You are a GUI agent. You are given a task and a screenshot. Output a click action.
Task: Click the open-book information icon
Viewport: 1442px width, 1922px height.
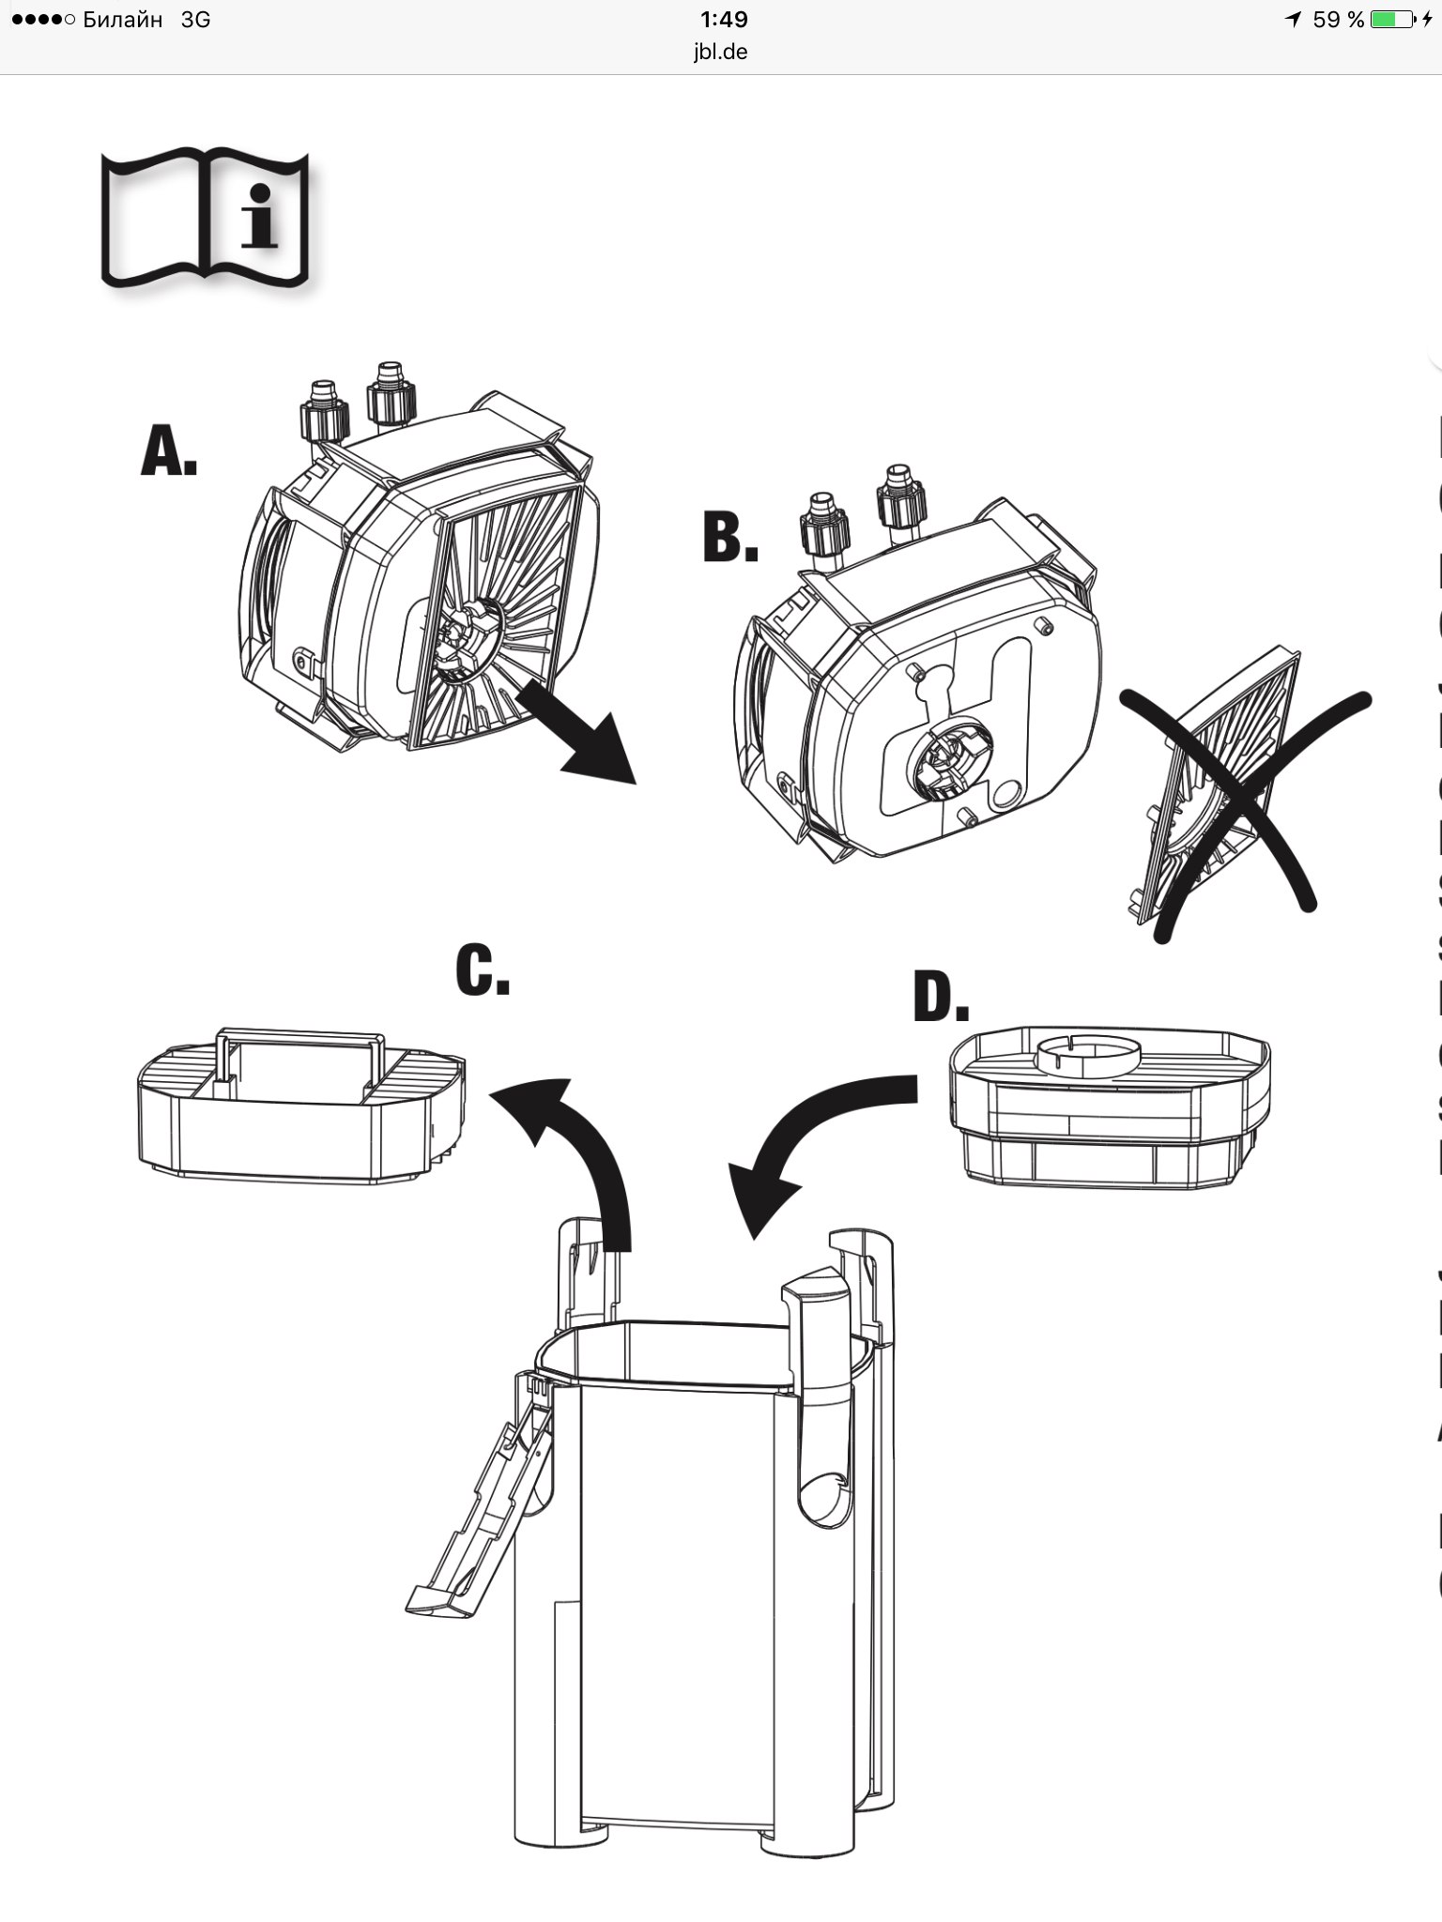tap(205, 218)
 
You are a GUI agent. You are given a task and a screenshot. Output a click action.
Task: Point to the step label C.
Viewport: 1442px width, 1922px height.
tap(482, 970)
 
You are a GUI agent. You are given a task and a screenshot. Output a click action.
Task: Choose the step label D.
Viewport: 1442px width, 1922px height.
tap(940, 998)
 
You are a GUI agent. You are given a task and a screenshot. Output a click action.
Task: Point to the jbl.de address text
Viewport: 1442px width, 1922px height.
tap(720, 52)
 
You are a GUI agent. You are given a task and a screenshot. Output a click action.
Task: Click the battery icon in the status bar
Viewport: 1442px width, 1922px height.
tap(1393, 19)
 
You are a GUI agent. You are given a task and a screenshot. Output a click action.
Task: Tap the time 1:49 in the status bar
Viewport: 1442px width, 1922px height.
tap(724, 19)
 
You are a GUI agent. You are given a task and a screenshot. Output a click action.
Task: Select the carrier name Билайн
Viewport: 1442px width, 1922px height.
tap(122, 19)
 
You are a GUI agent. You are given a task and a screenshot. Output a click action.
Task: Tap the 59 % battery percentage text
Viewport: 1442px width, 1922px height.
tap(1338, 19)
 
